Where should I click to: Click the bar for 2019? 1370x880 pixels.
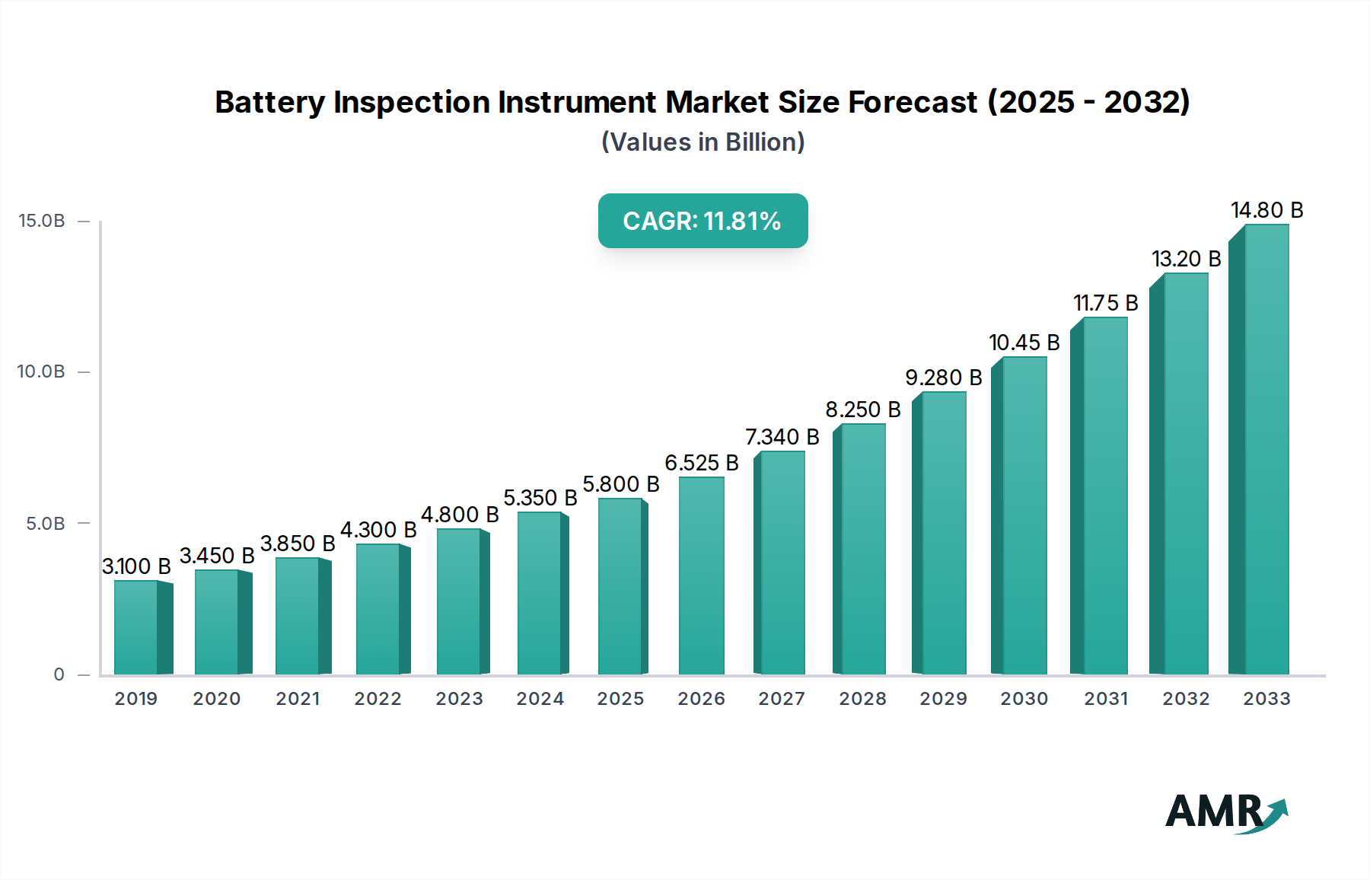tap(137, 628)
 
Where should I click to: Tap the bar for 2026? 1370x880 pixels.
tap(701, 576)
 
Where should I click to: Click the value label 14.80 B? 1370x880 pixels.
tap(1266, 210)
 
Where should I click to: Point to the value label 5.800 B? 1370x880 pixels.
tap(620, 484)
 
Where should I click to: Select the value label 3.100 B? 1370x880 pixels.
tap(136, 566)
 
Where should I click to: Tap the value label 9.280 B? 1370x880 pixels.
tap(943, 378)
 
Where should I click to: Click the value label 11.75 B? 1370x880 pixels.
tap(1105, 303)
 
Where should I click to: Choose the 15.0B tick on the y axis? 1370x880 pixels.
tap(42, 221)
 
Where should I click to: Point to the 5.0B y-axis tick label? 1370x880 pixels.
tap(46, 524)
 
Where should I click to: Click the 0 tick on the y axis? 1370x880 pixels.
tap(59, 674)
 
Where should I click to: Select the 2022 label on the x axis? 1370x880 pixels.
tap(378, 699)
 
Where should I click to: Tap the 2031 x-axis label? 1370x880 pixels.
tap(1105, 699)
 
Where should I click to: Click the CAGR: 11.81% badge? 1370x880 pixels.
tap(703, 221)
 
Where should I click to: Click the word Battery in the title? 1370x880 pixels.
tap(269, 102)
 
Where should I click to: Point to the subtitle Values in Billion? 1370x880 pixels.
tap(703, 142)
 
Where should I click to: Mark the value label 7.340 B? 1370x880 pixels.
tap(782, 437)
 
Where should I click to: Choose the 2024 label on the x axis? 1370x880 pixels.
tap(540, 699)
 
